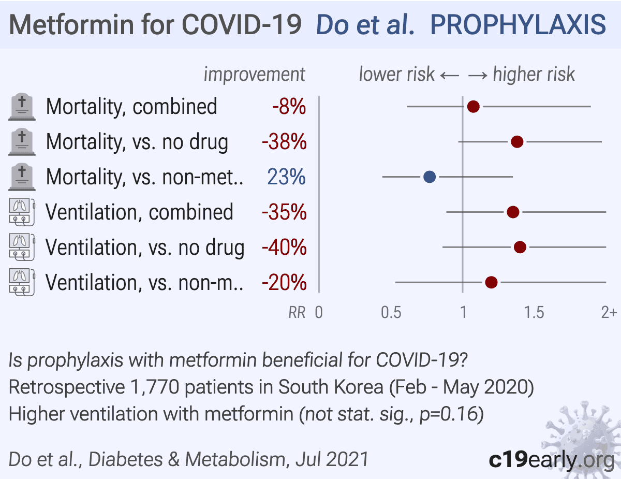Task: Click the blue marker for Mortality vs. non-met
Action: pos(430,177)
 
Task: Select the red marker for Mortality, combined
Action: pos(473,107)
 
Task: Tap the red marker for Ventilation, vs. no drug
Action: pos(520,248)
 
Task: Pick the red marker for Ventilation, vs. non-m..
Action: pos(491,283)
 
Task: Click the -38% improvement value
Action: pos(284,142)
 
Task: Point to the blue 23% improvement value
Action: pos(286,177)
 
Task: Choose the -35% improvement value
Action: pos(284,212)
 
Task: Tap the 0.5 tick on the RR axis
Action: pos(391,313)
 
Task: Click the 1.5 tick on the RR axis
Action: pos(534,313)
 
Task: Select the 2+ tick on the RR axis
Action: pos(609,313)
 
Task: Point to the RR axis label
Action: pos(297,313)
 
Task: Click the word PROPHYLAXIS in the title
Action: pos(518,24)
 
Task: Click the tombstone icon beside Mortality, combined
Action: pos(22,107)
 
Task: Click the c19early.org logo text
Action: pos(552,459)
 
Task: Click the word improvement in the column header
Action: pos(255,75)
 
